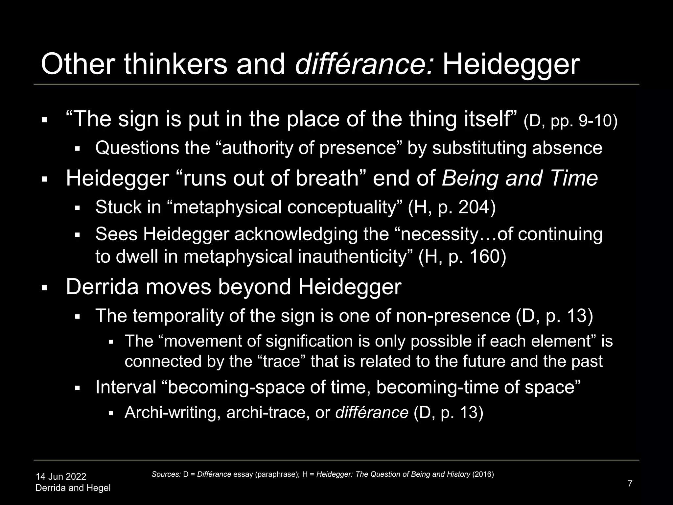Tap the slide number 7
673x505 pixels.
(x=630, y=484)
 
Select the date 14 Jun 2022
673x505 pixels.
(x=61, y=476)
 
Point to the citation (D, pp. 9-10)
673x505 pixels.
(x=570, y=121)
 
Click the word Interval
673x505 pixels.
(x=126, y=387)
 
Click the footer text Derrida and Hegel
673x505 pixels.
(x=73, y=488)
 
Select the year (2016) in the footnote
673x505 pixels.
(x=483, y=474)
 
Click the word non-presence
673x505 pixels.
(x=453, y=316)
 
